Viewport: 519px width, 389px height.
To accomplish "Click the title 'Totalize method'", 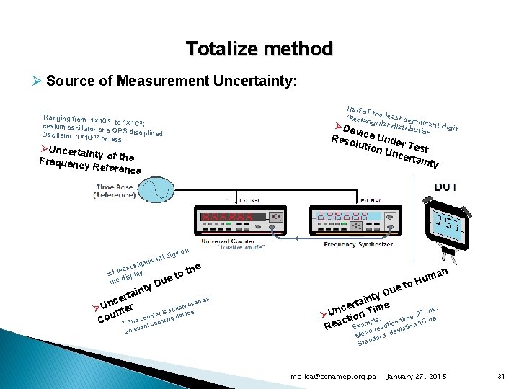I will [x=259, y=49].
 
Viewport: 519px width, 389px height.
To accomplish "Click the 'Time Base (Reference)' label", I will [x=115, y=191].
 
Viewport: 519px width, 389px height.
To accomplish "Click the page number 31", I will [x=502, y=376].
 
